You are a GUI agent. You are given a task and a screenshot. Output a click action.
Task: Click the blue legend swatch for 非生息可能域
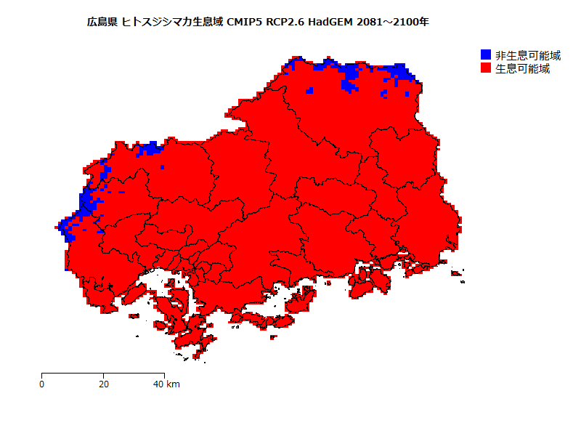tap(486, 55)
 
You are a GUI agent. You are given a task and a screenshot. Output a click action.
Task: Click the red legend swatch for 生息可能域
tap(486, 68)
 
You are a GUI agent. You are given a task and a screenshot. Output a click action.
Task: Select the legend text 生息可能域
tap(522, 69)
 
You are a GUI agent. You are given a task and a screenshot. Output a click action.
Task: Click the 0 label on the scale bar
tap(41, 384)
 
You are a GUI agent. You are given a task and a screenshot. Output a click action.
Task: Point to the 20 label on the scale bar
tap(104, 384)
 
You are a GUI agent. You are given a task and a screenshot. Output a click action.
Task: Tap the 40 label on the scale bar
tap(159, 384)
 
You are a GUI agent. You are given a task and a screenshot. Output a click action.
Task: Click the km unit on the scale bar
tap(173, 384)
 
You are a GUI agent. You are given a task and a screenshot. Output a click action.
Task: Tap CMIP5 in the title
tap(248, 23)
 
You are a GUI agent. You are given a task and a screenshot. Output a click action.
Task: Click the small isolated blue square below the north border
tap(309, 90)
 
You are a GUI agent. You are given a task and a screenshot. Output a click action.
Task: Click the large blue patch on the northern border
tap(352, 76)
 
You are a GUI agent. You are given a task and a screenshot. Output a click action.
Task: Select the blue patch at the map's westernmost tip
tap(67, 230)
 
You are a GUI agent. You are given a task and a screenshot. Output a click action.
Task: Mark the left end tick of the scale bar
tap(41, 375)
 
